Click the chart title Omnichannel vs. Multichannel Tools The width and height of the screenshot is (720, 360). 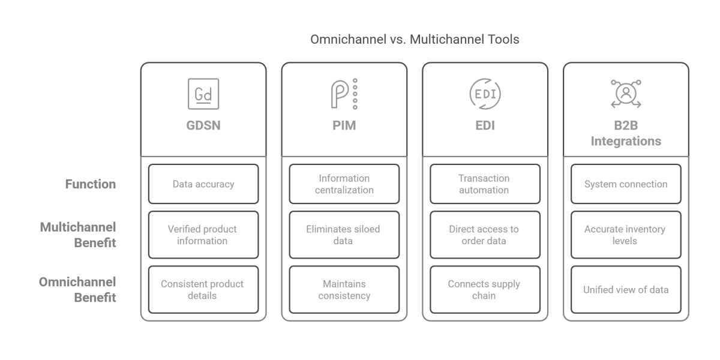(x=414, y=40)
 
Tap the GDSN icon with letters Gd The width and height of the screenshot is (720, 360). (x=203, y=93)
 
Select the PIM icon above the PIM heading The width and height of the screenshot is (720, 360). (x=344, y=94)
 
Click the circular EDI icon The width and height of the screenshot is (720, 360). (x=485, y=94)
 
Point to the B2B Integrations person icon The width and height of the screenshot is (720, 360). (x=626, y=94)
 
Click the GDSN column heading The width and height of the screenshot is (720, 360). (x=203, y=127)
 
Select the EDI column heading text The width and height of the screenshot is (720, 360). (x=485, y=127)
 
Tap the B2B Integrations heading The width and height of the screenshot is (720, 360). (x=626, y=134)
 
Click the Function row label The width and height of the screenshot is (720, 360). (x=90, y=184)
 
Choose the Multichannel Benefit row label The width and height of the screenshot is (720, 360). (x=78, y=235)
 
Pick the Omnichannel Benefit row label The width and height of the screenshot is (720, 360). (x=78, y=289)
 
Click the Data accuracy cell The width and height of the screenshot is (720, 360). (x=203, y=184)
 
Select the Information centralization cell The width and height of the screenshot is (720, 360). (x=344, y=184)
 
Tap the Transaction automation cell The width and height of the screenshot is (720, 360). (x=485, y=184)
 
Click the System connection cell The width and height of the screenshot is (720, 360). (x=626, y=184)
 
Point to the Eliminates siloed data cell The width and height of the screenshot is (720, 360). (x=344, y=235)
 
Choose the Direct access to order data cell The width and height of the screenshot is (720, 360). (x=485, y=235)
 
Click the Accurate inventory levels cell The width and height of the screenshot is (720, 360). (x=626, y=235)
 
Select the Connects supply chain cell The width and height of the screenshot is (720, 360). (x=485, y=289)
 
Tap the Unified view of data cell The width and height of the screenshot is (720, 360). (x=626, y=289)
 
